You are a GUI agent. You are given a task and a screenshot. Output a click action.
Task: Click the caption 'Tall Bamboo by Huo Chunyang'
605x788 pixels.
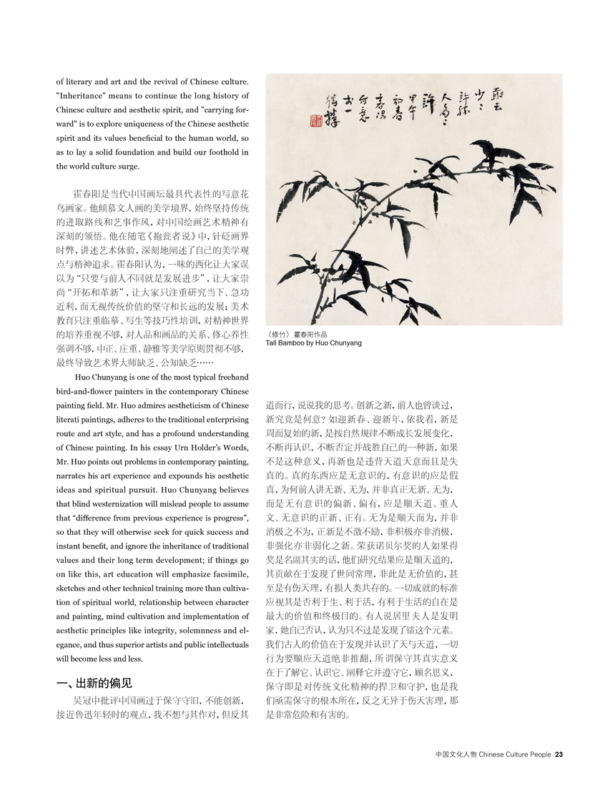314,343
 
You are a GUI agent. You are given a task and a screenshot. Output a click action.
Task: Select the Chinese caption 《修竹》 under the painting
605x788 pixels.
280,334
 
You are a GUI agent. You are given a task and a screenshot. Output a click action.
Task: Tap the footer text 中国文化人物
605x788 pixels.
456,752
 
